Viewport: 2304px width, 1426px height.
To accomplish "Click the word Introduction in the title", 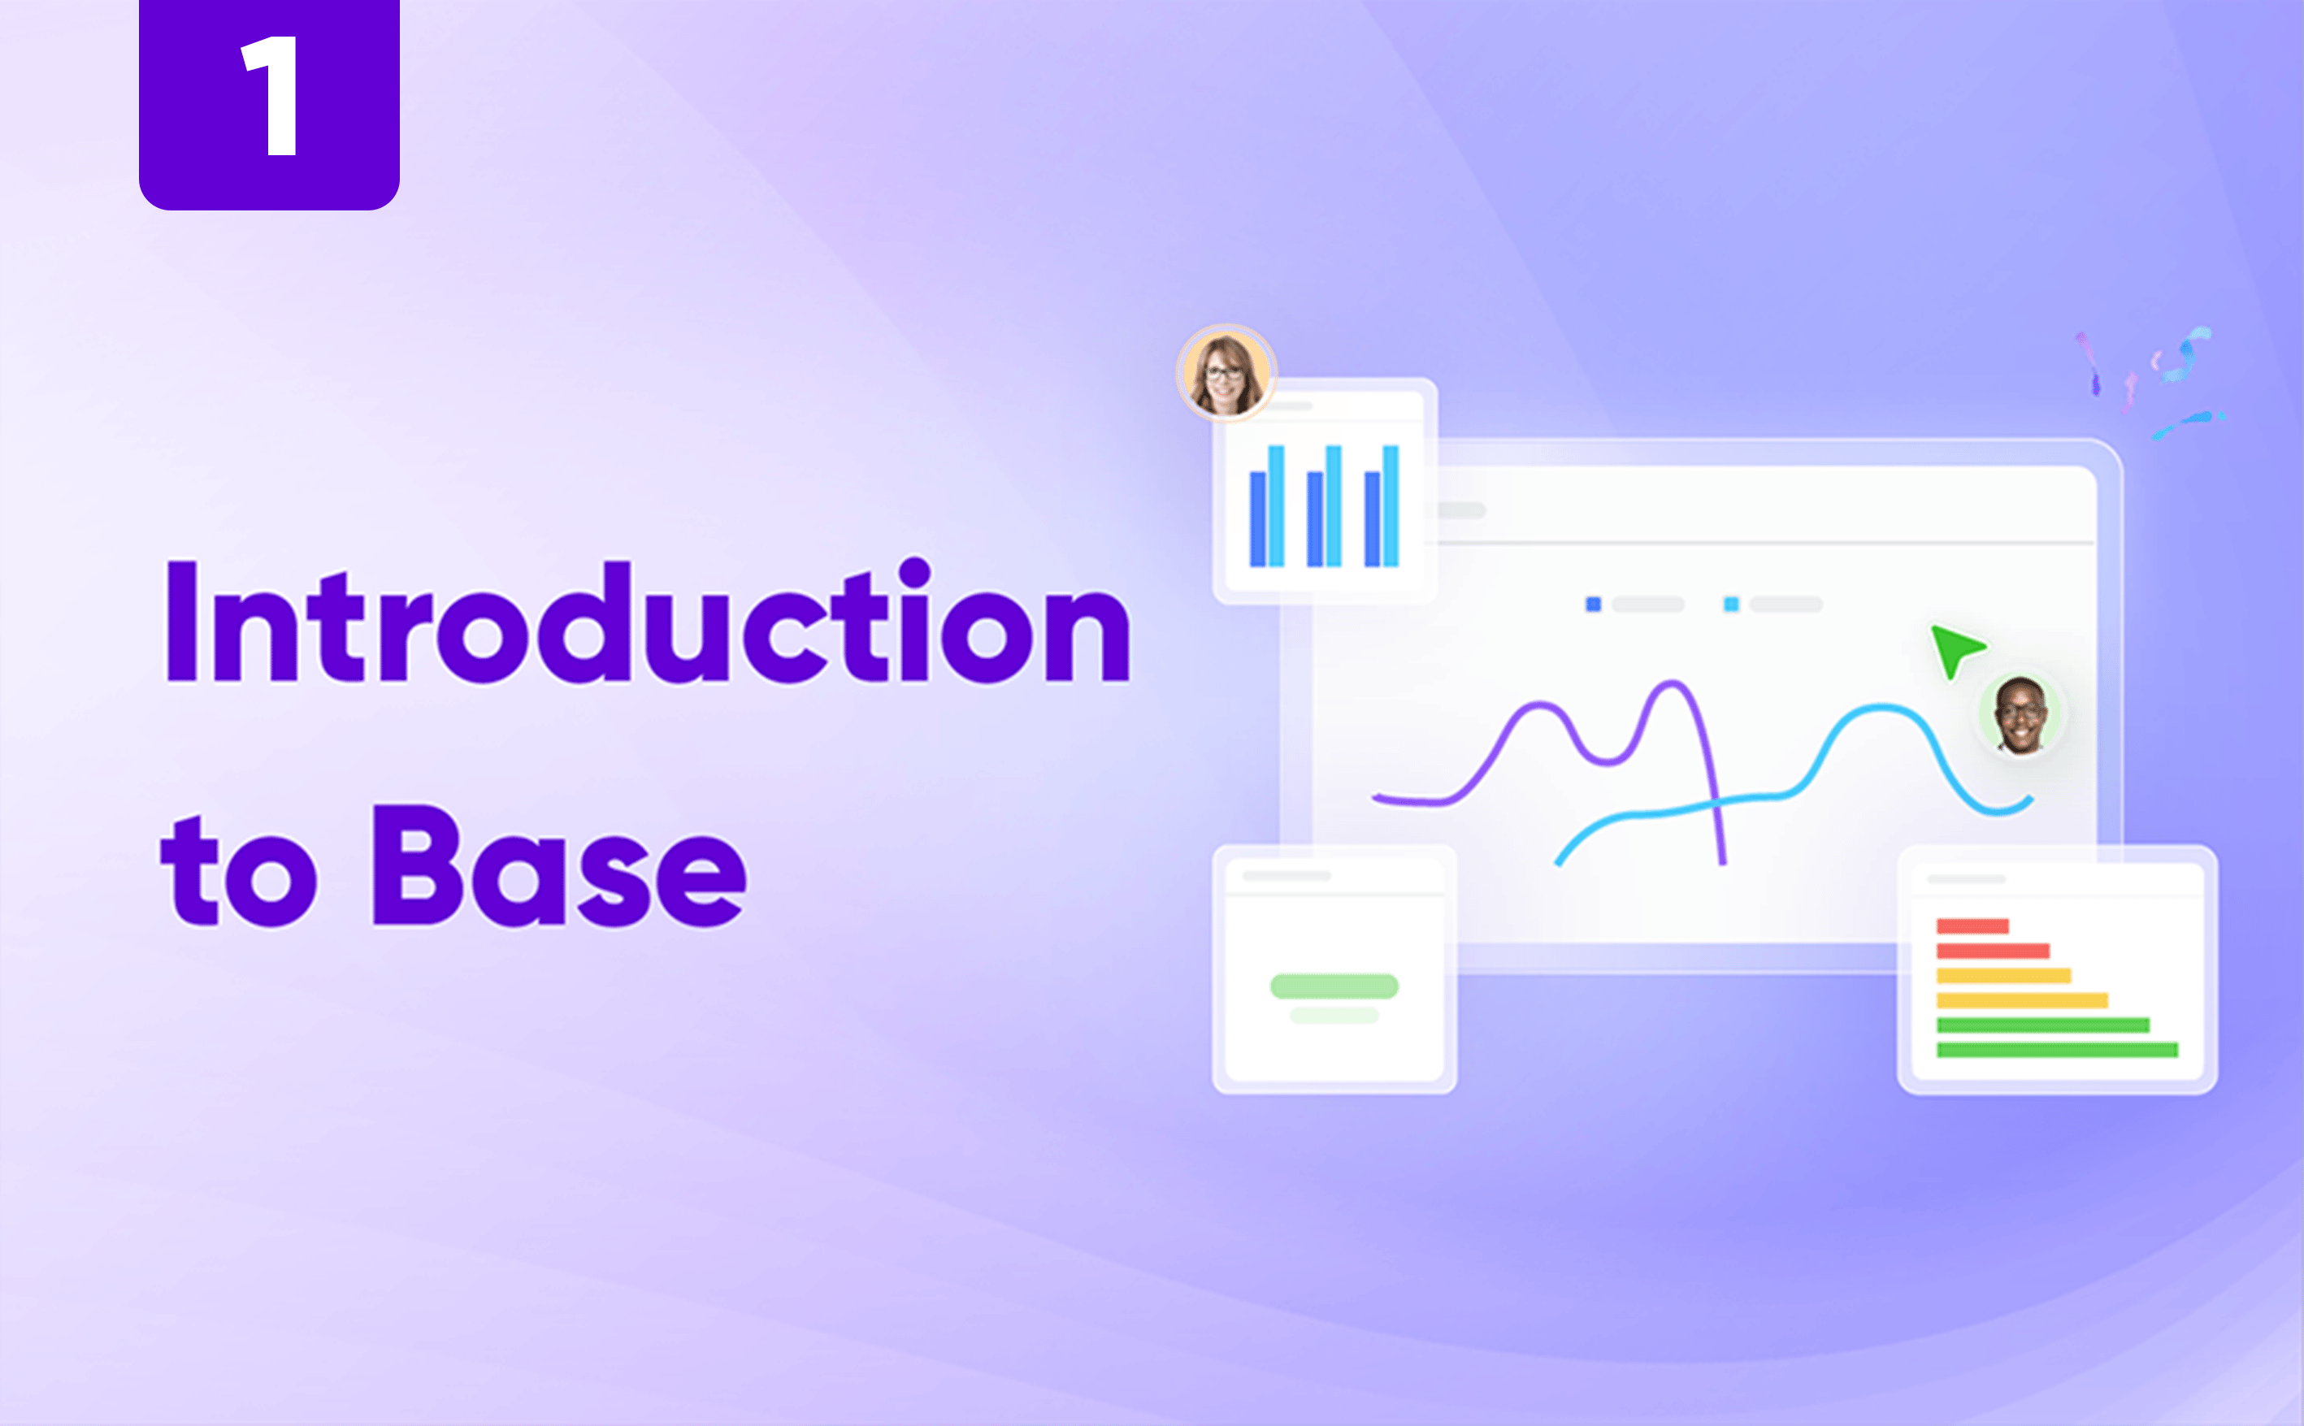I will tap(647, 622).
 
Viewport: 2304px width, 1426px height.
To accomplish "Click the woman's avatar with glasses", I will tap(1226, 374).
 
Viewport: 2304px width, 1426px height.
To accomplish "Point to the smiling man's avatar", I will tap(2020, 714).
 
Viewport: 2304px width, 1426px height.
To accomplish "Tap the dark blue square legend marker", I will tap(1593, 605).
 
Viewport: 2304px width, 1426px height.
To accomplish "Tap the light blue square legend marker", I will tap(1730, 605).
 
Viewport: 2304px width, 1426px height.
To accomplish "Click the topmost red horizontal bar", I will tap(1972, 926).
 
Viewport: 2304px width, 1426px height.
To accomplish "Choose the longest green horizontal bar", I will tap(2056, 1051).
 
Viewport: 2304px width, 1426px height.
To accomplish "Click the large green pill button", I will tap(1334, 986).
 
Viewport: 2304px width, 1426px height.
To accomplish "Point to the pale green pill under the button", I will tap(1334, 1016).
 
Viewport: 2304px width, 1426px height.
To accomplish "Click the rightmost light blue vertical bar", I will tap(1391, 505).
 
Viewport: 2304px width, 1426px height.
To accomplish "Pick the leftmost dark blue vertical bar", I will tap(1257, 518).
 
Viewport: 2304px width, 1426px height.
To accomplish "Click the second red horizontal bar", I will tap(1992, 951).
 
